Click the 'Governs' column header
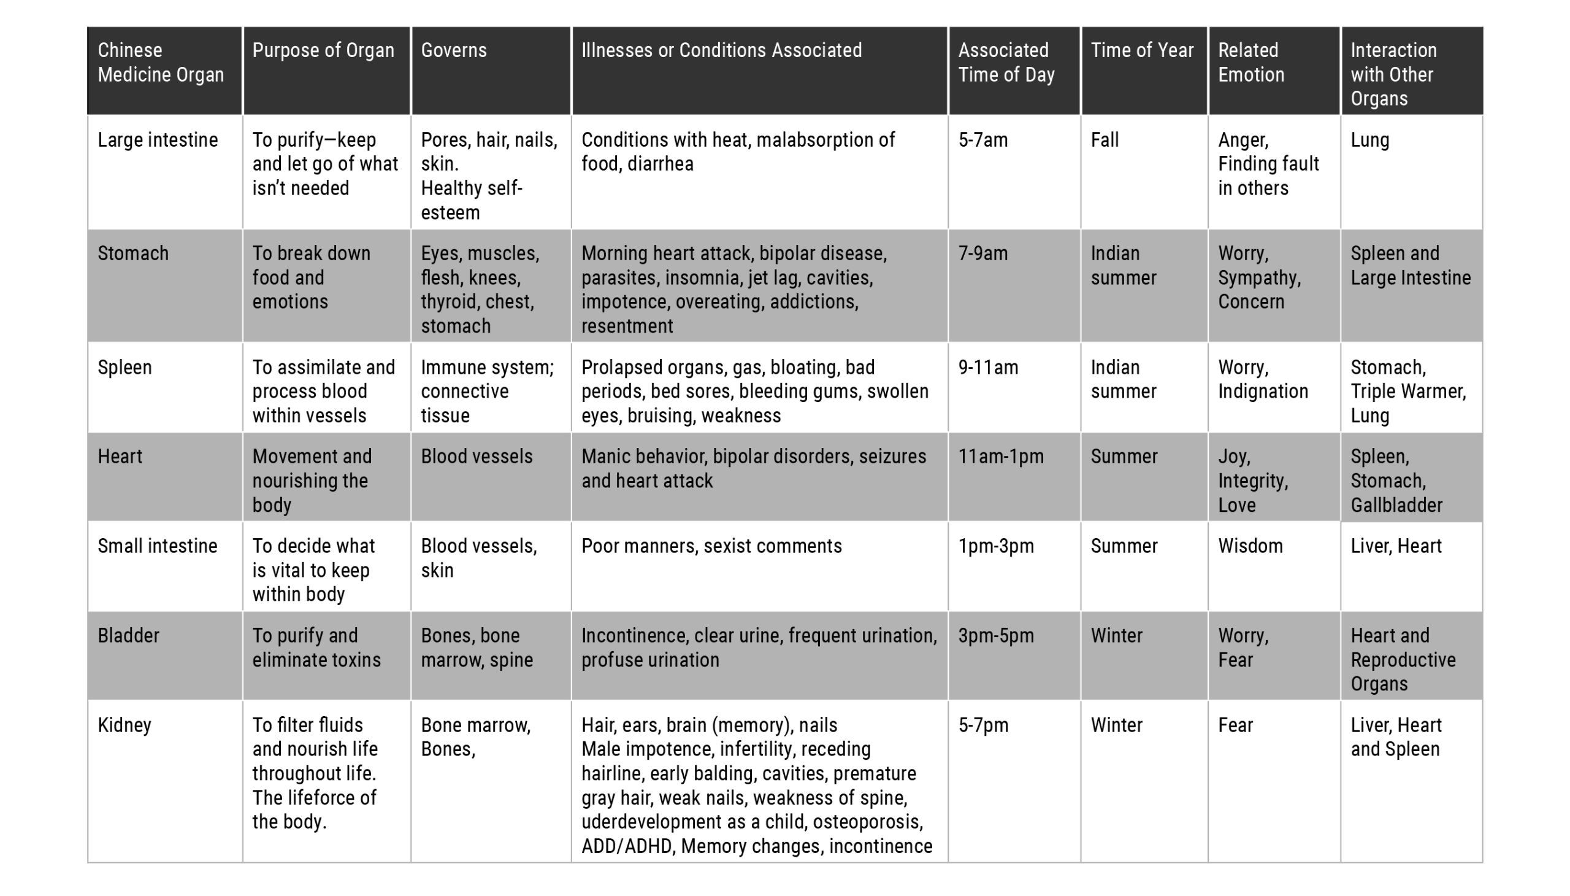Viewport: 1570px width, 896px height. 454,50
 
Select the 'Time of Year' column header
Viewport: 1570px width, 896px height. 1142,50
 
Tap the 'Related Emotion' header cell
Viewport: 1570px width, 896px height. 1251,62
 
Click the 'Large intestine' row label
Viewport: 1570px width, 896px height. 158,141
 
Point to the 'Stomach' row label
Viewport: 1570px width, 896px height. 133,253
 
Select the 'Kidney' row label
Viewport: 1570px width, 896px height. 124,725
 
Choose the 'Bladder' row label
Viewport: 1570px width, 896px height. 128,636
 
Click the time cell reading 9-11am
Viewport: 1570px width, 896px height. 988,368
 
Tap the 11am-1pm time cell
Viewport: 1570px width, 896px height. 1000,457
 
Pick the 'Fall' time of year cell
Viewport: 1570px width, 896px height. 1105,141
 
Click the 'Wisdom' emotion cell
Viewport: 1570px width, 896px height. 1250,546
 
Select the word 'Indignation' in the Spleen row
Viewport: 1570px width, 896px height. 1263,392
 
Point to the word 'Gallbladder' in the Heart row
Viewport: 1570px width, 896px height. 1396,505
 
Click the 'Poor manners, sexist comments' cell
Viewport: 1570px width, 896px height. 711,546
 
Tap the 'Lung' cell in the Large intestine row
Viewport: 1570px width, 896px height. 1369,141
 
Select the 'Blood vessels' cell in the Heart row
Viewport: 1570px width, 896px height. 477,457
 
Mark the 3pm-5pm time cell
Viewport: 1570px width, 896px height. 995,636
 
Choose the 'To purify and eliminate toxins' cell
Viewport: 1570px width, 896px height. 316,647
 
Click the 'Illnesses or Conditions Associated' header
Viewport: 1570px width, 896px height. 721,50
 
